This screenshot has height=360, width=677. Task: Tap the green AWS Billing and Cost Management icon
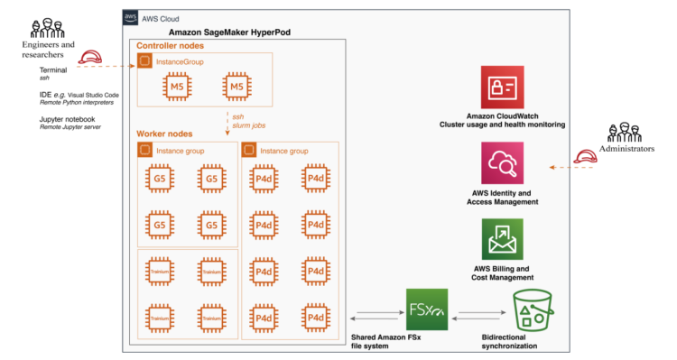(505, 239)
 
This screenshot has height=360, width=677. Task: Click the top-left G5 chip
(159, 180)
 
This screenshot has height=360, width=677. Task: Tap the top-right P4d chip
(315, 180)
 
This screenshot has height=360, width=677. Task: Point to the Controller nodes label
(169, 45)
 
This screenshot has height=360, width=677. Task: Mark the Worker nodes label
(162, 134)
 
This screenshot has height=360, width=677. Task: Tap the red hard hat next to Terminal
(90, 61)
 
